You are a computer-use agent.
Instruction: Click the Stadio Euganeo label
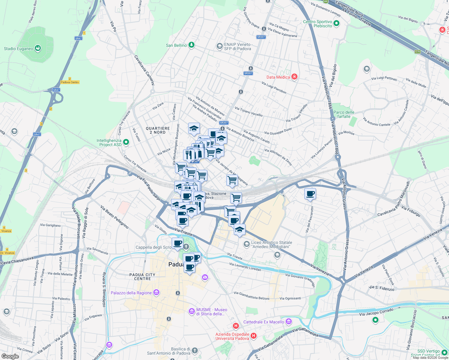[x=19, y=49]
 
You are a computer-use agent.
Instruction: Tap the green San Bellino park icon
[x=191, y=45]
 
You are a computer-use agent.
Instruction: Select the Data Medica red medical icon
[x=294, y=77]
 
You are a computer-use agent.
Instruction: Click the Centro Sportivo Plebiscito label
[x=318, y=24]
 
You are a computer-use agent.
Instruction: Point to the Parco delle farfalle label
[x=344, y=114]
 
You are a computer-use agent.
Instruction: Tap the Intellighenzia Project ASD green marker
[x=126, y=142]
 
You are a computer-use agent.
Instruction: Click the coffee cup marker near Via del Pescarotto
[x=310, y=194]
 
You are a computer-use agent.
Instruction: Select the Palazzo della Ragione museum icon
[x=156, y=292]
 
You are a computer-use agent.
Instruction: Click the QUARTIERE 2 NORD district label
[x=158, y=130]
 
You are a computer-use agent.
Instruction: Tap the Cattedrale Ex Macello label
[x=264, y=322]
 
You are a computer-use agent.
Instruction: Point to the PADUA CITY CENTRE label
[x=142, y=277]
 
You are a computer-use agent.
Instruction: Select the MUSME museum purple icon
[x=192, y=311]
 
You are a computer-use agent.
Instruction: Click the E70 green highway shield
[x=417, y=52]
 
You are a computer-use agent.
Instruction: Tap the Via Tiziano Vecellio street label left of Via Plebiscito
[x=249, y=111]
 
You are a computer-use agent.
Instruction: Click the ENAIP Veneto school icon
[x=219, y=46]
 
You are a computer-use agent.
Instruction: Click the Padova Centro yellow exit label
[x=70, y=82]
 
